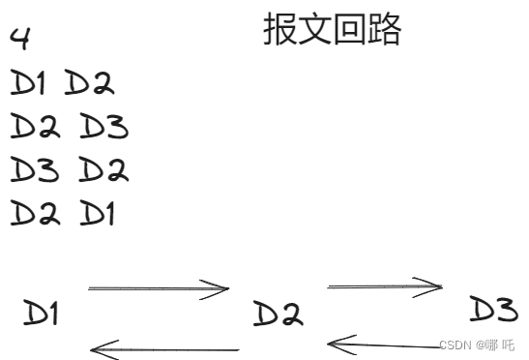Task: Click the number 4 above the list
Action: pyautogui.click(x=20, y=40)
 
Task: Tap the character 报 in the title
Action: pyautogui.click(x=280, y=31)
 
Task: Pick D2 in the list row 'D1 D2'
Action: pyautogui.click(x=89, y=84)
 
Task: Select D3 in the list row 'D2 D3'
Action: pyautogui.click(x=103, y=127)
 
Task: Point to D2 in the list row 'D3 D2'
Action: pyautogui.click(x=103, y=170)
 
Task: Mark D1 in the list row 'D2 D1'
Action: pyautogui.click(x=98, y=213)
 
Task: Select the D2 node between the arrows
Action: pyautogui.click(x=277, y=314)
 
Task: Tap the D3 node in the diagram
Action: pyautogui.click(x=493, y=310)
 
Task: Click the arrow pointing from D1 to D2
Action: pyautogui.click(x=159, y=287)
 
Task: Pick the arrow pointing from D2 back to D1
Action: pyautogui.click(x=164, y=348)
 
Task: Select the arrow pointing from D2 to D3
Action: pyautogui.click(x=385, y=285)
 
